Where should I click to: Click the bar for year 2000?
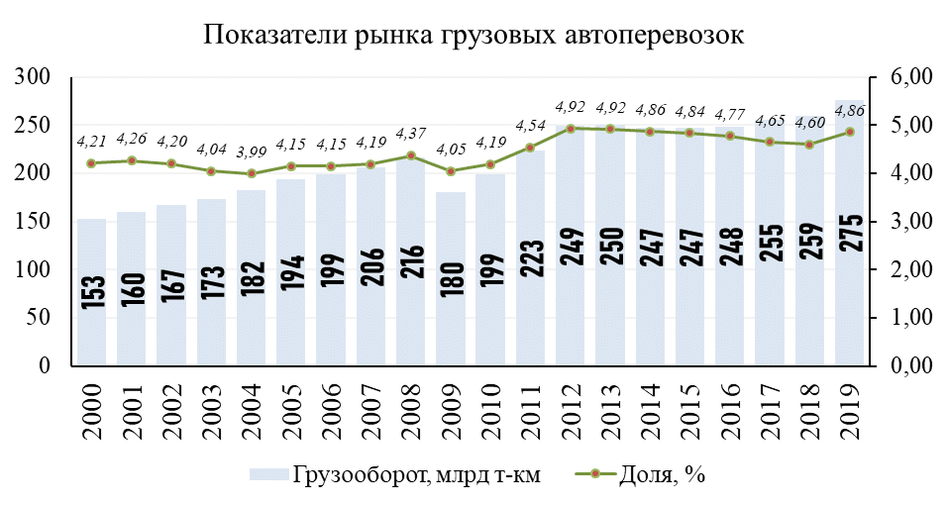[91, 292]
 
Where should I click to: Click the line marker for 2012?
[570, 129]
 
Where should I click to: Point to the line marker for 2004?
[251, 173]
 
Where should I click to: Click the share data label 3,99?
[251, 152]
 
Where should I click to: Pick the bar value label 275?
[850, 232]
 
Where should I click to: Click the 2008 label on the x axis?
[411, 404]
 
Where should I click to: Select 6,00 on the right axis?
[907, 78]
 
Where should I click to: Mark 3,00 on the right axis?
[907, 223]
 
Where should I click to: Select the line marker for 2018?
[809, 145]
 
